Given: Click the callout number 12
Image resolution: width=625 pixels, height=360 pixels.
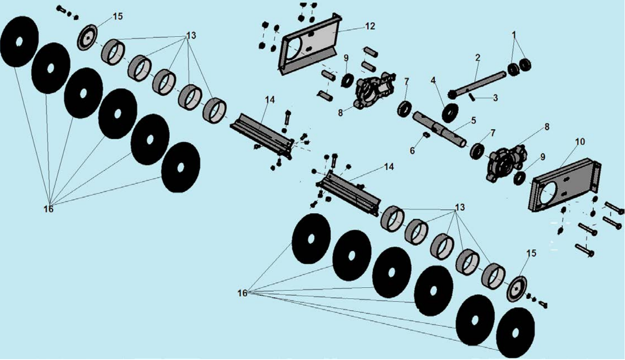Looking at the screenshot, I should [x=370, y=27].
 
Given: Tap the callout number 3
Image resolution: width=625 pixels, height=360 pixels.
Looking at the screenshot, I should [x=495, y=98].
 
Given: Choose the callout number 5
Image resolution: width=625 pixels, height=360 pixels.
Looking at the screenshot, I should [x=473, y=119].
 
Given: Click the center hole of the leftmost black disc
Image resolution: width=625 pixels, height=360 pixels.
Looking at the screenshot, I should [x=19, y=42].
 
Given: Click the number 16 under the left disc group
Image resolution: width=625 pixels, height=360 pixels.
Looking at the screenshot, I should [x=48, y=209].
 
